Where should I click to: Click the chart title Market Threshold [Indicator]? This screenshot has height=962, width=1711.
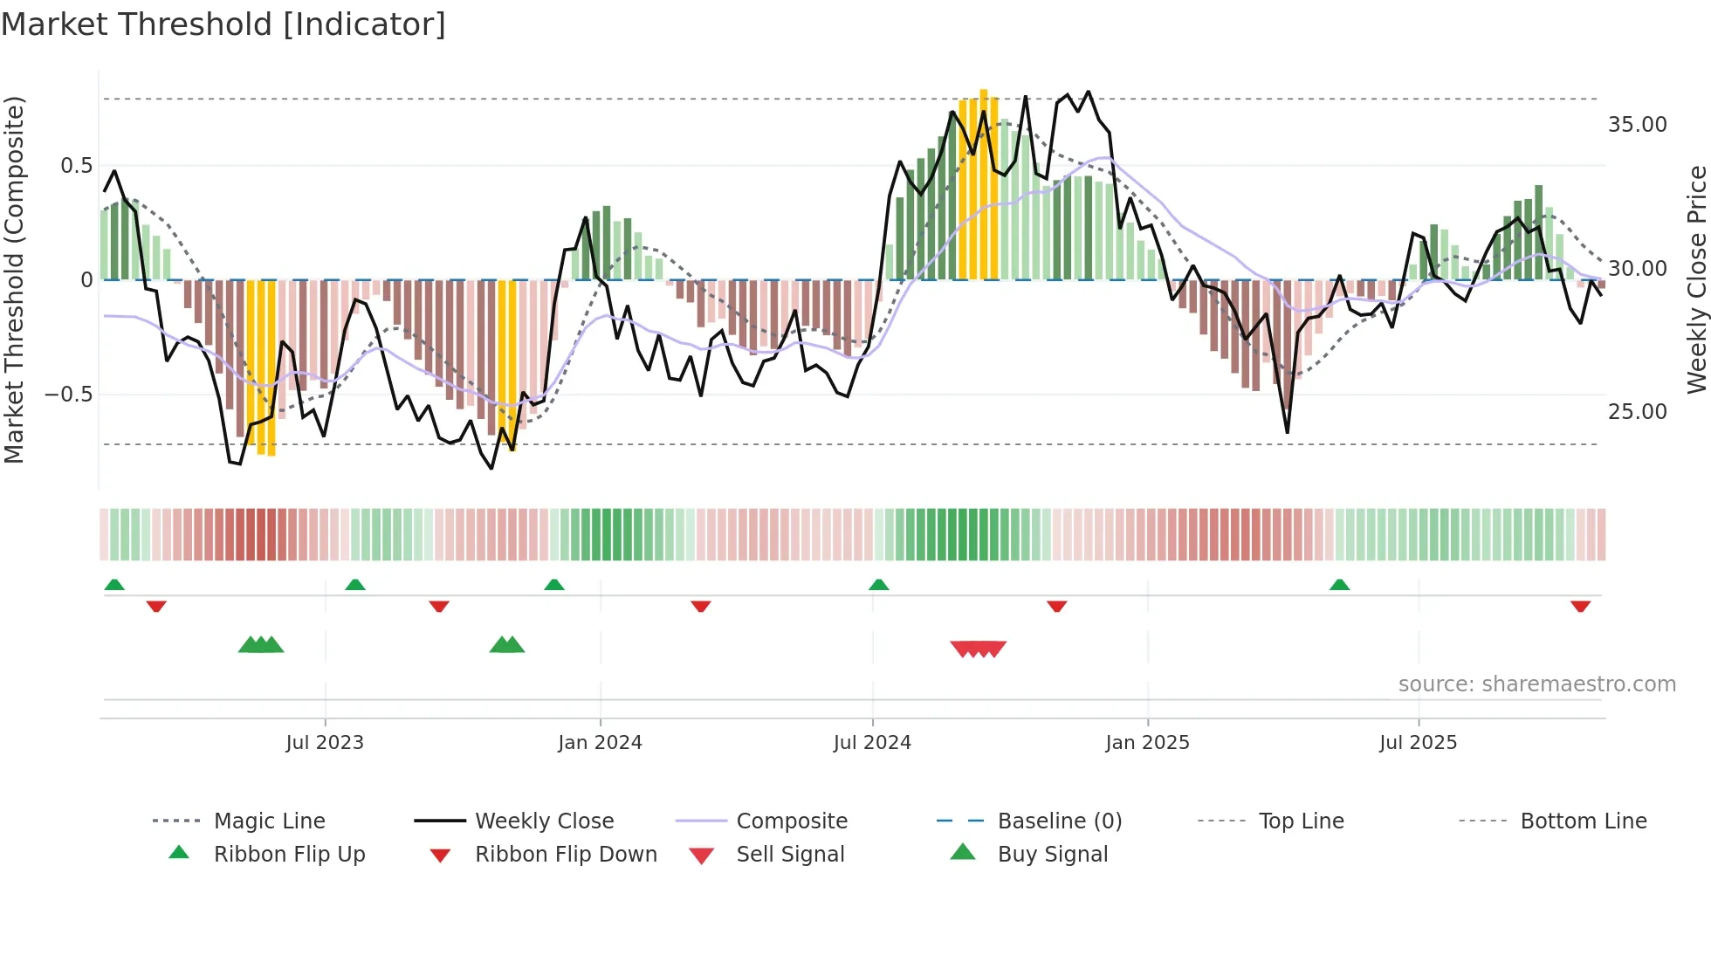223,24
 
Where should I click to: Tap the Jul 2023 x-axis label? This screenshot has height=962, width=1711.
325,743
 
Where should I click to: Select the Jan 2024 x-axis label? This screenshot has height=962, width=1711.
600,743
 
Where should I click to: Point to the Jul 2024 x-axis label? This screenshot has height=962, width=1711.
872,743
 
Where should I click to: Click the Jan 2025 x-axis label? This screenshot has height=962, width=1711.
1147,743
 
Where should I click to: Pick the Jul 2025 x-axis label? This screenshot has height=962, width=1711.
1419,743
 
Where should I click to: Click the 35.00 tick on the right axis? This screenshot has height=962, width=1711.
1637,125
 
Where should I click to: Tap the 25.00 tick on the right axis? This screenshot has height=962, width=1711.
1637,411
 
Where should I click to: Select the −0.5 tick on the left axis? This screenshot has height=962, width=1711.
68,395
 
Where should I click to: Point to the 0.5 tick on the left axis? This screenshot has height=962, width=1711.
76,166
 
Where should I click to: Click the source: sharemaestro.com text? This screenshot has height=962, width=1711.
1536,684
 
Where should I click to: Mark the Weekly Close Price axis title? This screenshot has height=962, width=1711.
1696,279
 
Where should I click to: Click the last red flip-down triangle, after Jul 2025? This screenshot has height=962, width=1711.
1580,606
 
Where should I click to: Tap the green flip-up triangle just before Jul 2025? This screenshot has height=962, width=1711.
1339,585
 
